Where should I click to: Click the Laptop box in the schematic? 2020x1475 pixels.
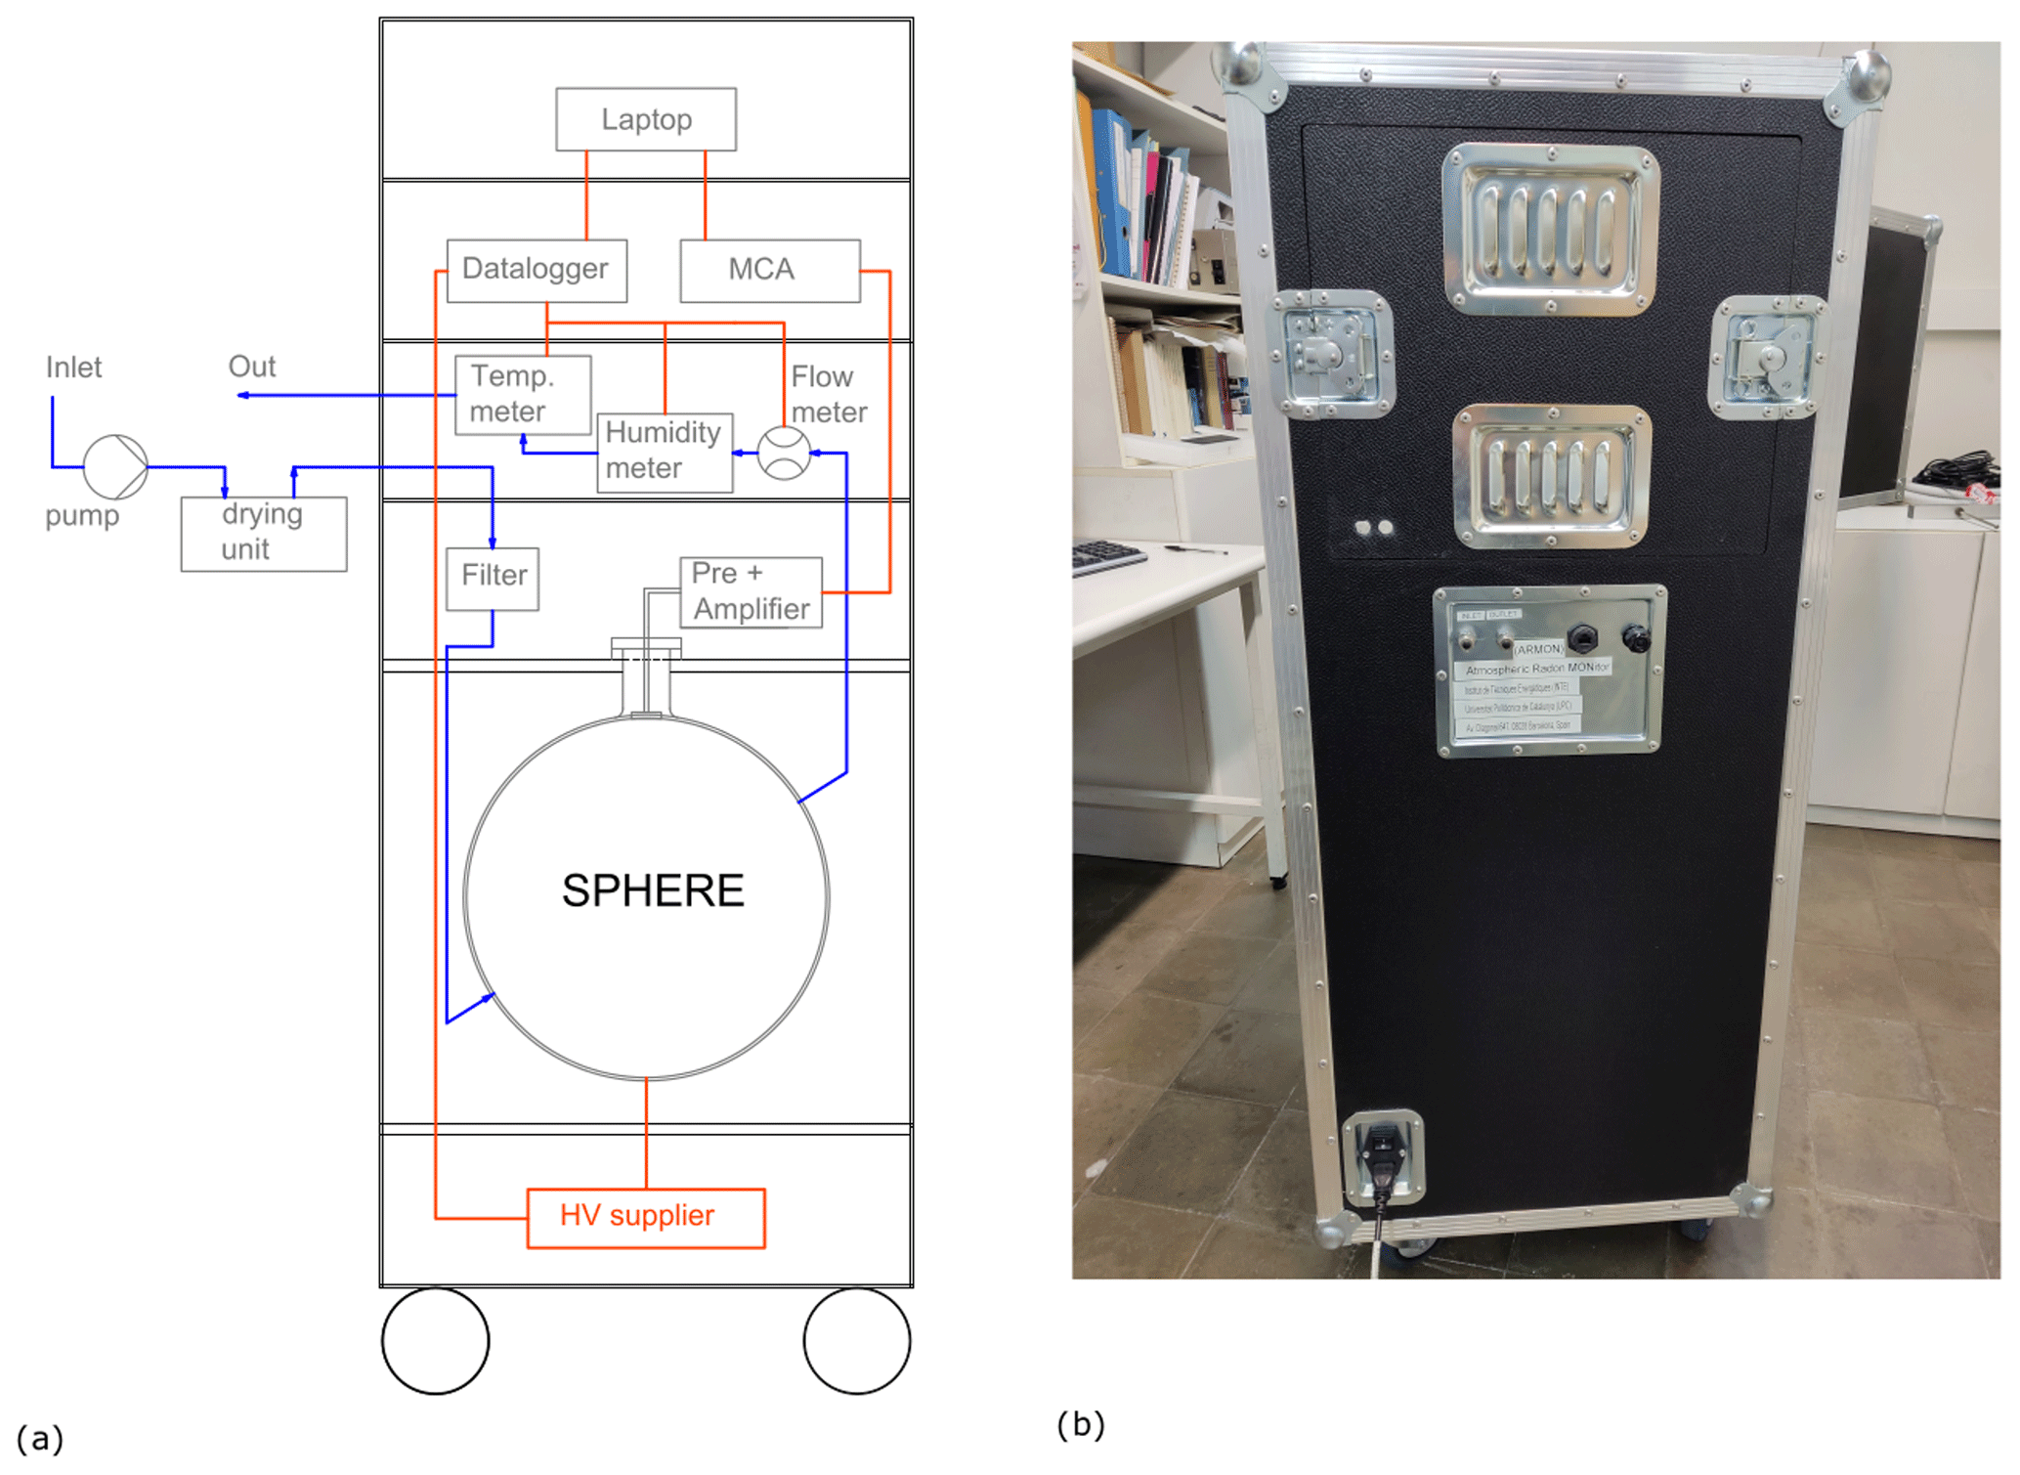click(x=646, y=119)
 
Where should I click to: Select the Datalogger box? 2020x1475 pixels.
click(x=536, y=270)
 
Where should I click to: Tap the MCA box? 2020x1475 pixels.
click(x=769, y=270)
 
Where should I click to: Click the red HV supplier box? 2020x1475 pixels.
click(x=645, y=1217)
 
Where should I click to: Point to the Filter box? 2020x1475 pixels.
click(x=493, y=578)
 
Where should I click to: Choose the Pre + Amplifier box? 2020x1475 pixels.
click(x=750, y=592)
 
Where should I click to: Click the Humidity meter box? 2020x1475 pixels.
click(x=664, y=452)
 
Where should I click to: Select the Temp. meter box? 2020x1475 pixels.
click(x=522, y=394)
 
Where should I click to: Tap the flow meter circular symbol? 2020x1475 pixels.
click(x=784, y=453)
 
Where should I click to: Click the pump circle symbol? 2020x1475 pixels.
click(x=115, y=466)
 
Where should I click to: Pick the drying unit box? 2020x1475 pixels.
click(x=263, y=534)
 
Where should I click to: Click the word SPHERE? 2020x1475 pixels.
click(x=652, y=890)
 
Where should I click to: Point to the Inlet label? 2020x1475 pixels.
click(x=73, y=368)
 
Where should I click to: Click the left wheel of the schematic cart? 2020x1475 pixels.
click(x=435, y=1340)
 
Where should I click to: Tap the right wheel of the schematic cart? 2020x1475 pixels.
click(x=856, y=1340)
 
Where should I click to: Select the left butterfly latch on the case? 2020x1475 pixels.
click(x=1332, y=354)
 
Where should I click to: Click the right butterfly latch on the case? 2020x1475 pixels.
click(x=1767, y=357)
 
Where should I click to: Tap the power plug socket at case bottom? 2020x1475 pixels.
click(x=1381, y=1157)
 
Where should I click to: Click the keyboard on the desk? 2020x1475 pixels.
click(x=1108, y=557)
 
